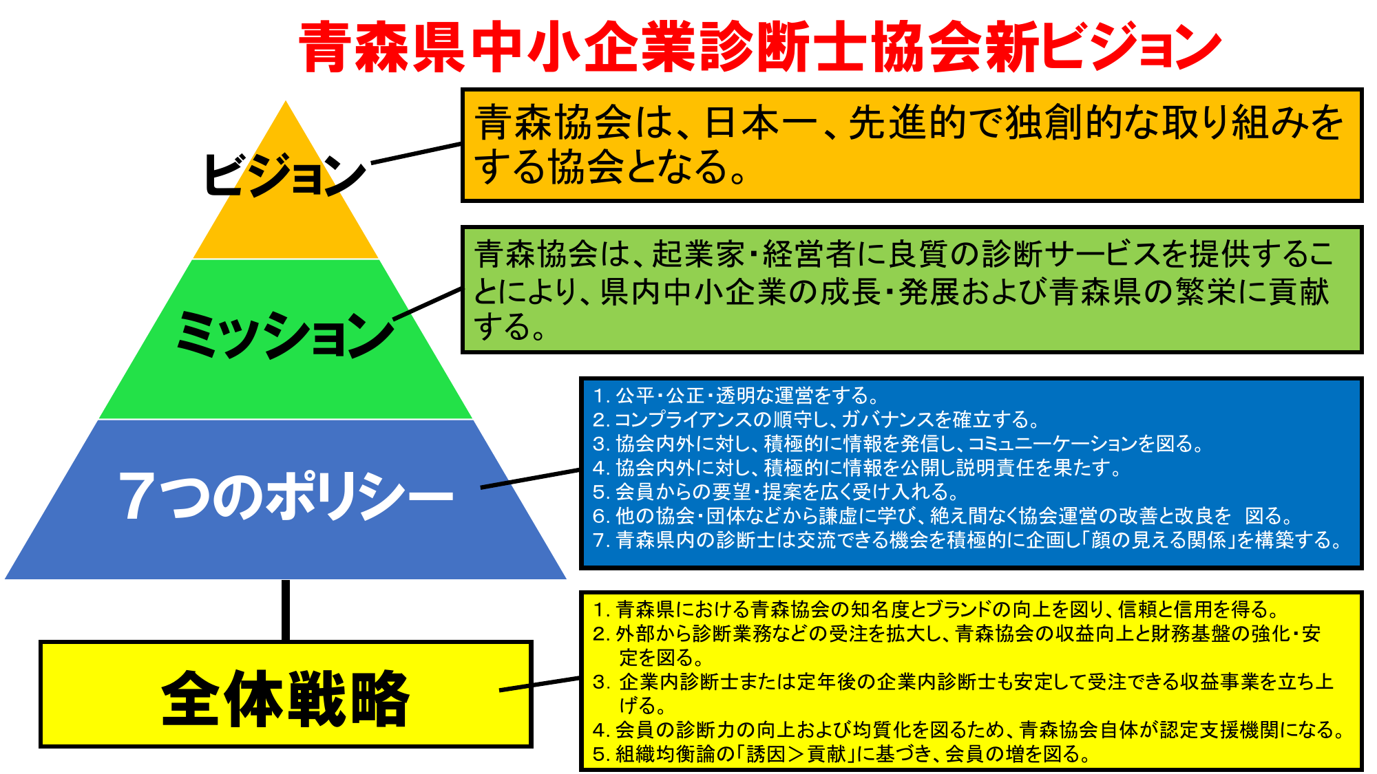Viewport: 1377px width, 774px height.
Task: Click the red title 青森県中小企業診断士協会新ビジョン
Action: coord(760,47)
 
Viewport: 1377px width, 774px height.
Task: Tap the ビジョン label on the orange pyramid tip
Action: coord(284,173)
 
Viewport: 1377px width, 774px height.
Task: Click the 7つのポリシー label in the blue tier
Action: coord(286,495)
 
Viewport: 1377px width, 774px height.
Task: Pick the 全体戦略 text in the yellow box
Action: coord(286,698)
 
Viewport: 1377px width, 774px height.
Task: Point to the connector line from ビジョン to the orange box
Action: coord(417,153)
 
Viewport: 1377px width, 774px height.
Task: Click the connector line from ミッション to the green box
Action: coord(428,303)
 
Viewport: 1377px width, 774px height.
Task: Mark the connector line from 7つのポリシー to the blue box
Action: coord(530,479)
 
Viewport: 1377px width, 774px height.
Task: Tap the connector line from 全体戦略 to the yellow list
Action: coord(540,684)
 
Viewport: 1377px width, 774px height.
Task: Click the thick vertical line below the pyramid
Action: coord(286,610)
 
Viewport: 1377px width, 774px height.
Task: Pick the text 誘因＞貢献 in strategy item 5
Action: coord(796,754)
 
